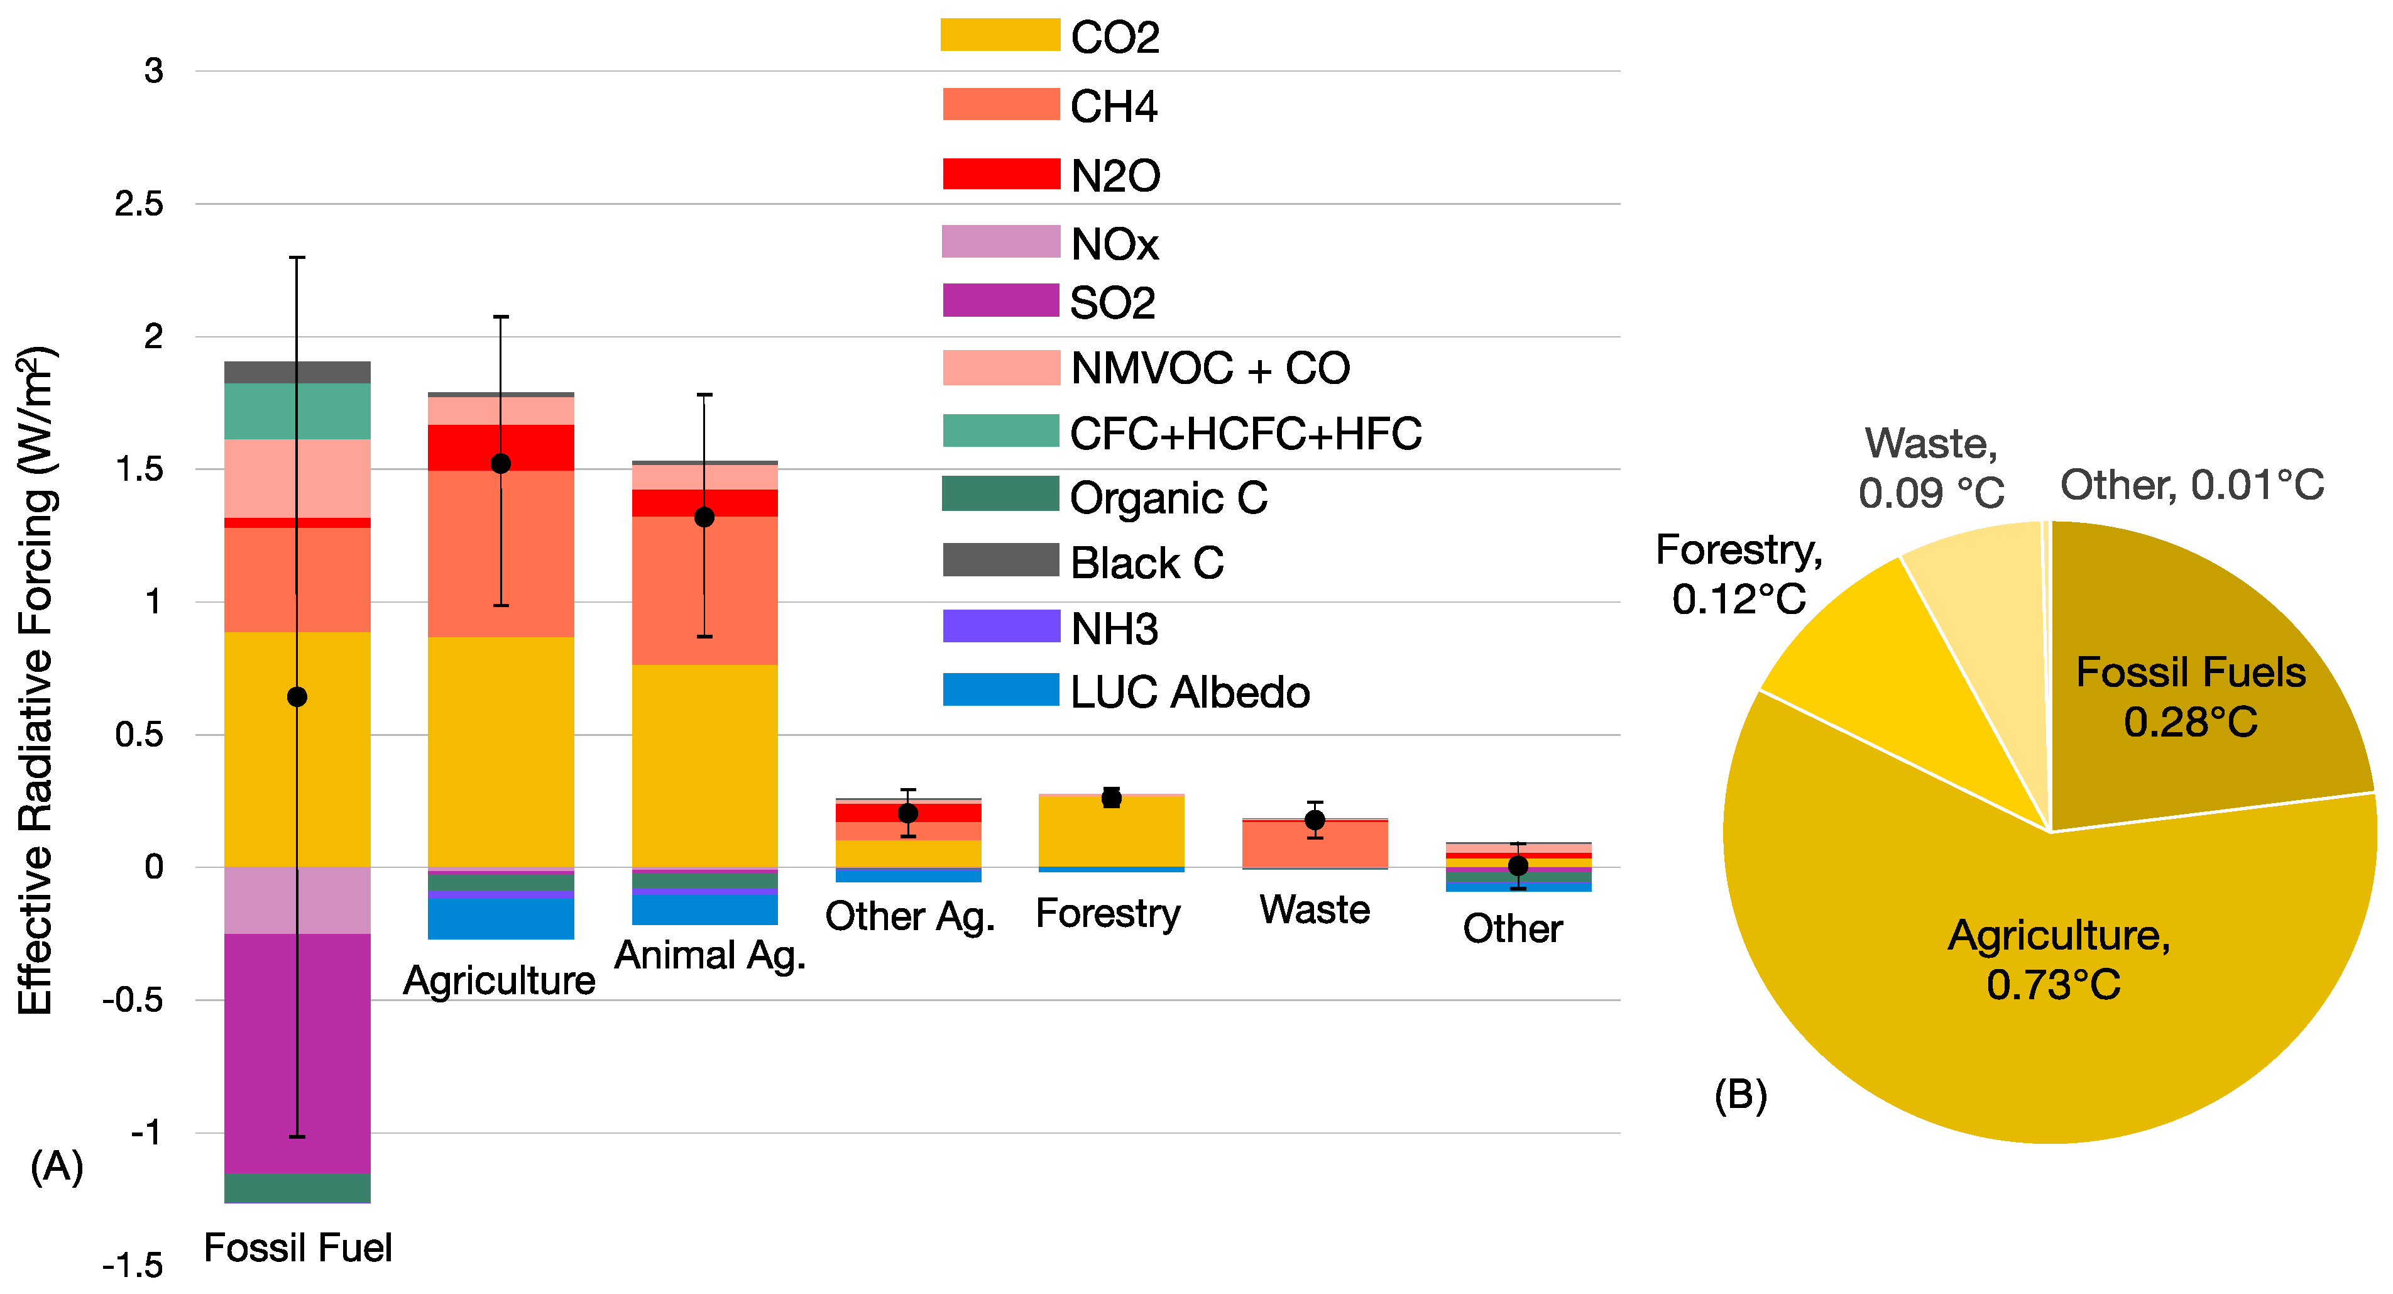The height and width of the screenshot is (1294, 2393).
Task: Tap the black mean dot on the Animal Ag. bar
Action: tap(704, 517)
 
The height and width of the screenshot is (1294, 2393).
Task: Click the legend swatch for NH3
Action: tap(1000, 626)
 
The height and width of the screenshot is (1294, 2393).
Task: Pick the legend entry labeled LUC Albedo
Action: tap(1188, 692)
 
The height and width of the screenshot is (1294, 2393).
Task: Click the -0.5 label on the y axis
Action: tap(133, 1001)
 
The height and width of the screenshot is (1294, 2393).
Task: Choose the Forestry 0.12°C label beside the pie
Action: tap(1738, 574)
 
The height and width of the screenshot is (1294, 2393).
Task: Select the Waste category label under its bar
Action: tap(1313, 909)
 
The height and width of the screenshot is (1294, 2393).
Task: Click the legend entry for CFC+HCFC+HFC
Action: tap(1245, 434)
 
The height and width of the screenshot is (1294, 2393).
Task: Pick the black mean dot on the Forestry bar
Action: tap(1111, 798)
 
